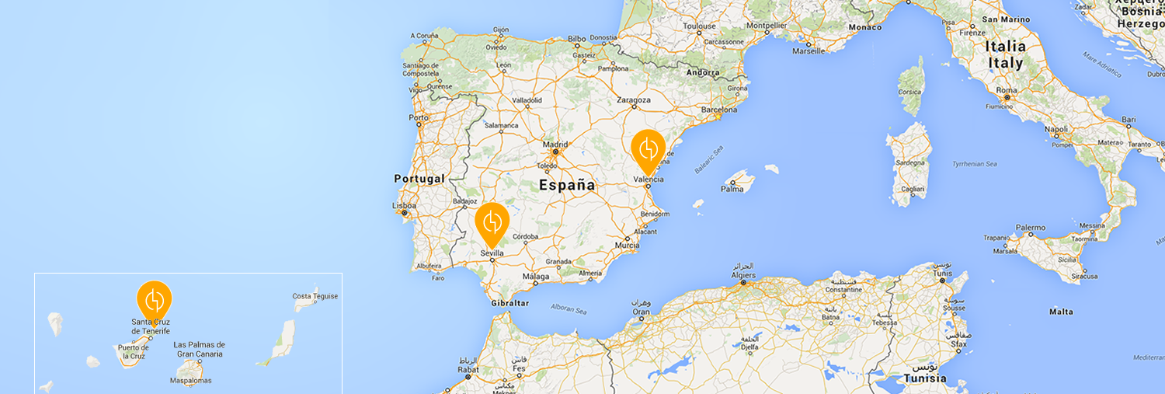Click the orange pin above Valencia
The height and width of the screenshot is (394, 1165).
click(x=648, y=148)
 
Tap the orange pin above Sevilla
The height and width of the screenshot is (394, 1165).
click(x=492, y=222)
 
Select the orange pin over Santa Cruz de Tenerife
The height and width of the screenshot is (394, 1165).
click(x=154, y=299)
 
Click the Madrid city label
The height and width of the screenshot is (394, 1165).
click(x=555, y=144)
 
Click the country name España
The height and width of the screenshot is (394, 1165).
click(x=568, y=186)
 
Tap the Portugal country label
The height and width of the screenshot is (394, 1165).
click(x=419, y=179)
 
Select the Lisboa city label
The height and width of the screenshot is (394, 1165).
click(x=404, y=207)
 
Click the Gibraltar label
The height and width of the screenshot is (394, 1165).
click(x=510, y=302)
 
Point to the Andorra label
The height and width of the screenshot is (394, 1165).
click(x=704, y=73)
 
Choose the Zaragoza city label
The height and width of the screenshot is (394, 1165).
click(x=633, y=100)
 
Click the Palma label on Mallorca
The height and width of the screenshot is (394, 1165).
click(x=732, y=189)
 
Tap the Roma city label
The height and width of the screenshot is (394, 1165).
click(x=1006, y=90)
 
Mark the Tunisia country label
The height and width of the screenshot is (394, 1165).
click(x=924, y=378)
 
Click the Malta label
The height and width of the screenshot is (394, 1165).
click(x=1061, y=312)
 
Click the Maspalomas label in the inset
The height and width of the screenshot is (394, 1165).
click(x=190, y=381)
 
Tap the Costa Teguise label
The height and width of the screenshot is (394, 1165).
click(x=315, y=296)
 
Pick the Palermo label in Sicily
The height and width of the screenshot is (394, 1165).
click(x=1030, y=228)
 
